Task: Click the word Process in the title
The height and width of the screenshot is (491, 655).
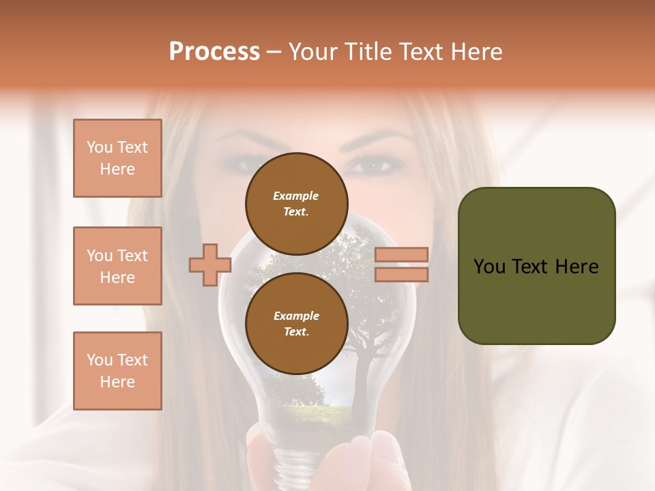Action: pyautogui.click(x=214, y=52)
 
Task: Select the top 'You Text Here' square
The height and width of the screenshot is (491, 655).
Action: pyautogui.click(x=117, y=158)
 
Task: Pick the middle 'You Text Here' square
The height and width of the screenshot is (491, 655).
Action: pyautogui.click(x=117, y=266)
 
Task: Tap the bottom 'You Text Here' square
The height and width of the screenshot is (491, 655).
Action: pyautogui.click(x=117, y=371)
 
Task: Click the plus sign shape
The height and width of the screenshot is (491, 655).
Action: pyautogui.click(x=209, y=265)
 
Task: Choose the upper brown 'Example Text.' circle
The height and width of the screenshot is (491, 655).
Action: pyautogui.click(x=296, y=203)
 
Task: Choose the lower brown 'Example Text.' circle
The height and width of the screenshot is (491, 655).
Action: pyautogui.click(x=296, y=323)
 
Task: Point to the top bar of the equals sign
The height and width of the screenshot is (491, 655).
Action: pyautogui.click(x=401, y=254)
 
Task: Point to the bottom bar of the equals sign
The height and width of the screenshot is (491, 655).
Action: pyautogui.click(x=401, y=274)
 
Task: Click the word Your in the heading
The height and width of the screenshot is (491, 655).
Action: pyautogui.click(x=313, y=52)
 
